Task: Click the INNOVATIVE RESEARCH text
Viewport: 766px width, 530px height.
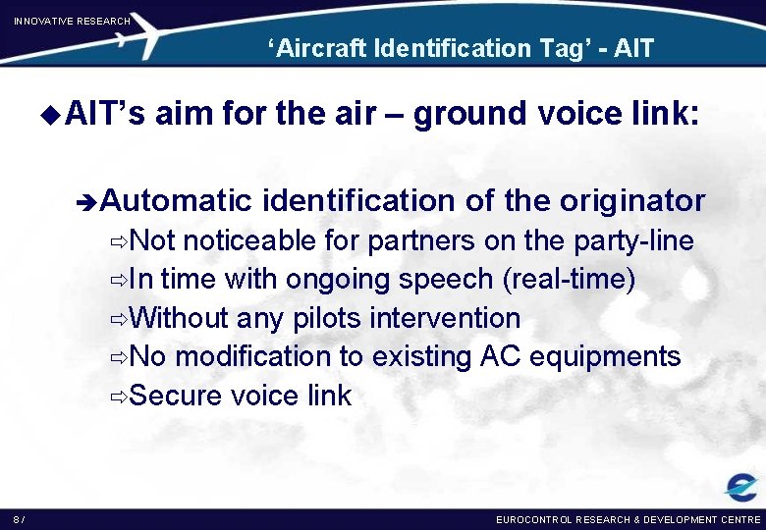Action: pos(72,21)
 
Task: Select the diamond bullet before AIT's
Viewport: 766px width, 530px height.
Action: pos(54,115)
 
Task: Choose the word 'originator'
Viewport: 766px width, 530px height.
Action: pos(632,201)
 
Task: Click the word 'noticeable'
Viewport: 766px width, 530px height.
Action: pos(249,240)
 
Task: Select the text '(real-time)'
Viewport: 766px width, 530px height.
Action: pos(569,280)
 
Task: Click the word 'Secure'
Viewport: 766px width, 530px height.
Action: pos(175,396)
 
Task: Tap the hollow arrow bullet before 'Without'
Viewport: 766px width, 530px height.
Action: pos(119,319)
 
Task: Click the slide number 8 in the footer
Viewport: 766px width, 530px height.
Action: pos(17,518)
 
